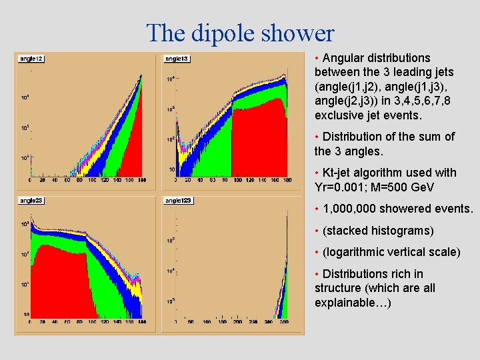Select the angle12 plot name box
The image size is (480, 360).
coord(31,59)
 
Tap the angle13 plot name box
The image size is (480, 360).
coord(177,59)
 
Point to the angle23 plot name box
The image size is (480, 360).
coord(31,200)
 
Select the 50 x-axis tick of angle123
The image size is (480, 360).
coord(191,321)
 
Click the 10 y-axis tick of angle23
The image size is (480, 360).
coord(26,314)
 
